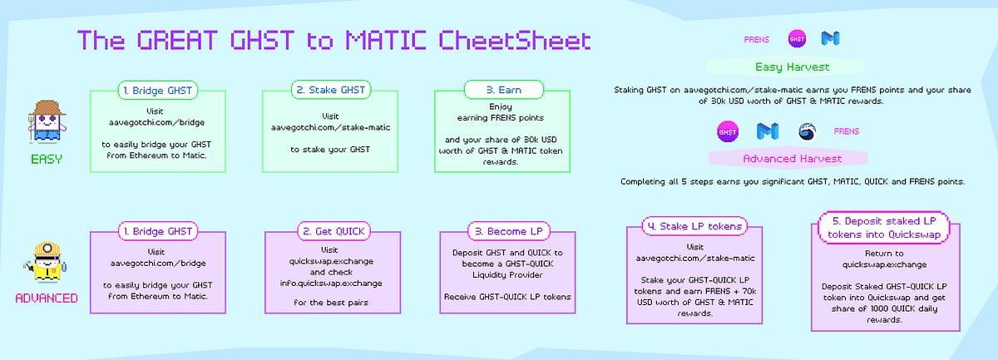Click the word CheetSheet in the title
[x=515, y=40]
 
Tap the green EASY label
[x=47, y=159]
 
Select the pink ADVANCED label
[x=47, y=298]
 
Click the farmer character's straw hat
[x=47, y=107]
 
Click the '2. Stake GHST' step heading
[x=331, y=90]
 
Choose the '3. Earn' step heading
[x=504, y=90]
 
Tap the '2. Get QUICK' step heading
[x=333, y=231]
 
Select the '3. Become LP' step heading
[x=509, y=231]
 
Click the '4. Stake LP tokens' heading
[x=694, y=226]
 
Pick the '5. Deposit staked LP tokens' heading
[x=884, y=228]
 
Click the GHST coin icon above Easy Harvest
[x=797, y=39]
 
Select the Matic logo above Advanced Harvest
[x=768, y=131]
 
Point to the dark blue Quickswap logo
[x=807, y=131]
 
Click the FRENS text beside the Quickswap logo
[x=847, y=131]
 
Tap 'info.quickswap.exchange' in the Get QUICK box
[x=331, y=283]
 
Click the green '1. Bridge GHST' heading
[x=158, y=91]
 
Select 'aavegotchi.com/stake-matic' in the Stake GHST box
[x=331, y=127]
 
